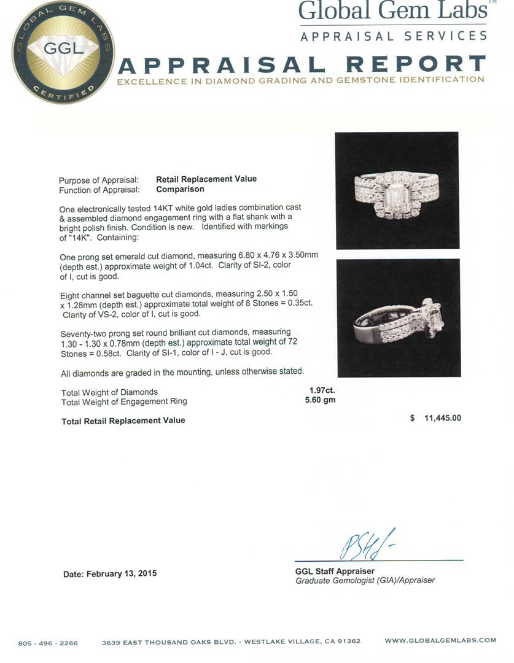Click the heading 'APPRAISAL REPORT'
[301, 64]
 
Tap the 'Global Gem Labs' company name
[392, 11]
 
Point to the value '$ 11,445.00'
[435, 418]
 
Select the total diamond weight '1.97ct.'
[322, 390]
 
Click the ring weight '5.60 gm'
[322, 400]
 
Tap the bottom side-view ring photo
[398, 317]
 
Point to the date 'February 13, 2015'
[122, 573]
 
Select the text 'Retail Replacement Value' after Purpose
[206, 179]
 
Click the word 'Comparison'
[180, 190]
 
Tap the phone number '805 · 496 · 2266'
[48, 643]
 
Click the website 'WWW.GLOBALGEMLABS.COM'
[440, 640]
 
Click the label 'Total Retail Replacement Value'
[123, 421]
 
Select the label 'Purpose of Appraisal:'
[99, 180]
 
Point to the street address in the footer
[231, 642]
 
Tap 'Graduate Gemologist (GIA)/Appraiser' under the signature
[365, 580]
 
